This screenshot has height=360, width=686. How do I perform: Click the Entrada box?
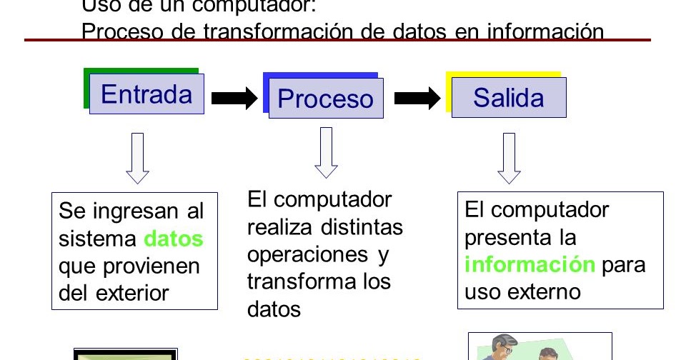click(146, 94)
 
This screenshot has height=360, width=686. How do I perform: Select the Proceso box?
click(325, 99)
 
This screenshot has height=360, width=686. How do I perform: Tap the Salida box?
click(508, 98)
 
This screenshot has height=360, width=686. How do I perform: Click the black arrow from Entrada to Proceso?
click(234, 99)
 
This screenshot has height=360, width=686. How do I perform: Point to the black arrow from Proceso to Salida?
click(417, 99)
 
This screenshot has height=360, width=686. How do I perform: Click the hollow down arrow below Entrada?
click(137, 158)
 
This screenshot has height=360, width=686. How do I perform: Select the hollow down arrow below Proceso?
click(326, 152)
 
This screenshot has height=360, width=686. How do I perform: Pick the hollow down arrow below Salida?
click(509, 158)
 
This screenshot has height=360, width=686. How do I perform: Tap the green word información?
click(530, 264)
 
